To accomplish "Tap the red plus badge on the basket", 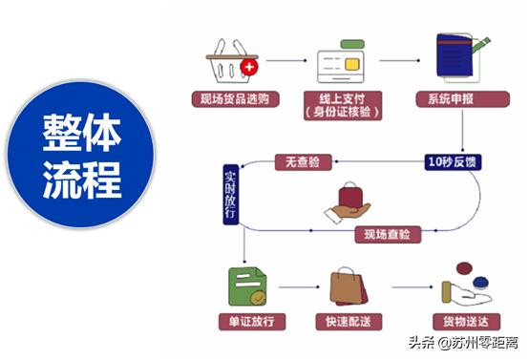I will tap(249, 68).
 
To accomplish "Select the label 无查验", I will tap(304, 162).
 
